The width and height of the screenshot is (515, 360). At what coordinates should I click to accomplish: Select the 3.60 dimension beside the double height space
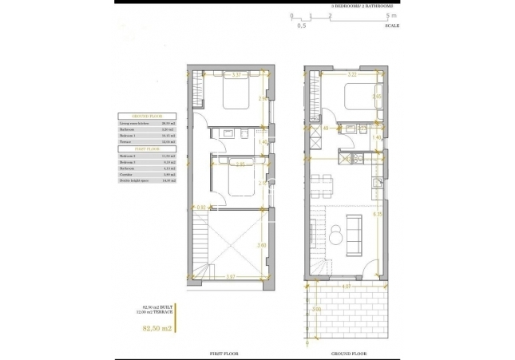261,245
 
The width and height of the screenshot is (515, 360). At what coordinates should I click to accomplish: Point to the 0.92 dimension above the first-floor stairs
201,208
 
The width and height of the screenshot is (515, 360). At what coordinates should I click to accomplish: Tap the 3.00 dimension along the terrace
316,309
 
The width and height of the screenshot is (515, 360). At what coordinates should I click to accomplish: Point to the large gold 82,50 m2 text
156,327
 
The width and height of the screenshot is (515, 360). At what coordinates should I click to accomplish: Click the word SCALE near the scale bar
392,26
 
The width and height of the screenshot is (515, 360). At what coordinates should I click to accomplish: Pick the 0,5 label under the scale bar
301,26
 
